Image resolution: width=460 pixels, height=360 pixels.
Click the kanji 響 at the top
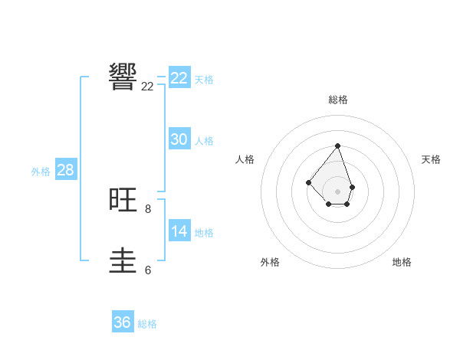(x=123, y=77)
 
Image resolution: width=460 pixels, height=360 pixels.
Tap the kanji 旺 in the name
(x=123, y=200)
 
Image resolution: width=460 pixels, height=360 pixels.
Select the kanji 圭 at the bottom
(x=123, y=260)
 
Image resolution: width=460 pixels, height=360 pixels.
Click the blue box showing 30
(x=179, y=139)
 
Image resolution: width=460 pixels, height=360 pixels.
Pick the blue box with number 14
(x=179, y=231)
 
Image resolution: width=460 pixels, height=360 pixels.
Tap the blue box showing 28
(x=65, y=170)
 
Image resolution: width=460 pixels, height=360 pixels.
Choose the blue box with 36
(x=122, y=322)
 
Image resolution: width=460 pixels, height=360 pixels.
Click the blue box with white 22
(x=179, y=78)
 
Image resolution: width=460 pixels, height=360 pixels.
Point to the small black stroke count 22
(x=147, y=87)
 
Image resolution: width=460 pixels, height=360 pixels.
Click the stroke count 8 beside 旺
(x=147, y=208)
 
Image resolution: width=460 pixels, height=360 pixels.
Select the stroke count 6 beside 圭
(x=147, y=270)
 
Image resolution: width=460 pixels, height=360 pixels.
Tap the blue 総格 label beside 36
(x=147, y=324)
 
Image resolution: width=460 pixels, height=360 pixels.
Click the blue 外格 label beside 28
(x=41, y=172)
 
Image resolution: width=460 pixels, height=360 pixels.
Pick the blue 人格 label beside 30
(x=204, y=141)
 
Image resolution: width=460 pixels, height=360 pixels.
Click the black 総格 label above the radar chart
(x=337, y=100)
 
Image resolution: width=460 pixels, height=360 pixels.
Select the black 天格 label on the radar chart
(x=431, y=159)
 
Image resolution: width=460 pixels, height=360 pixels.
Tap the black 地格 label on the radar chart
(x=402, y=262)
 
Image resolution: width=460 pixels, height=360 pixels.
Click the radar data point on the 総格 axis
(x=337, y=146)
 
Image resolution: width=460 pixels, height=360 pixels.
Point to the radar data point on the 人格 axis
(x=308, y=182)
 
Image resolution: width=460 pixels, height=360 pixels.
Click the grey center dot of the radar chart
(x=337, y=191)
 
